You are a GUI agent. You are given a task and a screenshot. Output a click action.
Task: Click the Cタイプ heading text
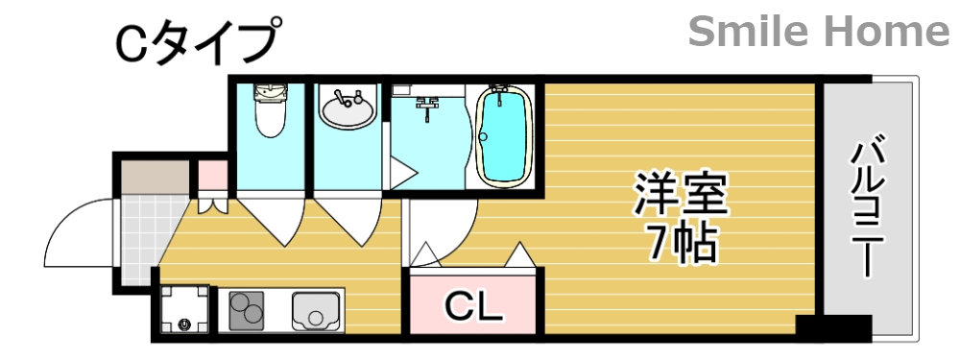pos(196,42)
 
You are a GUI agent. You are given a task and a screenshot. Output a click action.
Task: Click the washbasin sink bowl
pos(347,108)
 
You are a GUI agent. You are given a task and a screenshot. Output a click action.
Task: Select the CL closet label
pos(474,307)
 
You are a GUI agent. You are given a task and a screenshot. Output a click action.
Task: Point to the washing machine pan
pos(183,310)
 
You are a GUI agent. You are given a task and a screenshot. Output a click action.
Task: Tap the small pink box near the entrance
pos(211,177)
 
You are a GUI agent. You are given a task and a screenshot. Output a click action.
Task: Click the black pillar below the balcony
pos(832,327)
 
